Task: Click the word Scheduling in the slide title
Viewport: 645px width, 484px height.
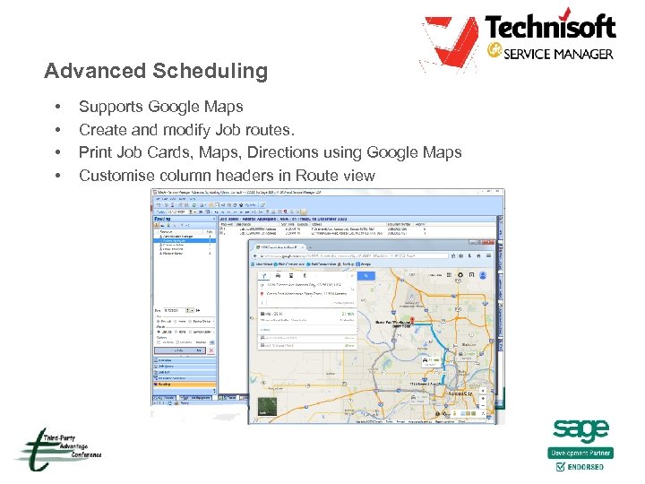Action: point(212,71)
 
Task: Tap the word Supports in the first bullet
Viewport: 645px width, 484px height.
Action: point(110,107)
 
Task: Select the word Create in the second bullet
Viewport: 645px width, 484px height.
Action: point(101,130)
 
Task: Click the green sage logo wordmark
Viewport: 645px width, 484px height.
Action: point(580,431)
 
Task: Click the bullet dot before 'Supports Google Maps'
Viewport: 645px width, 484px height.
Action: point(57,107)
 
